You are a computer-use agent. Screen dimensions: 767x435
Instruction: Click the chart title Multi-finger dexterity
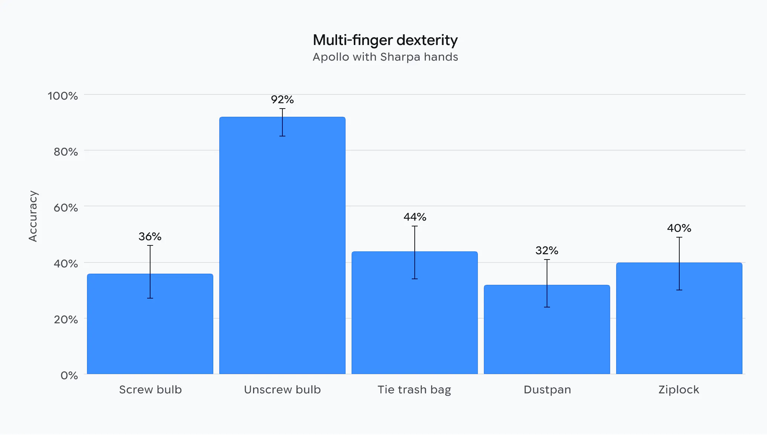coord(385,40)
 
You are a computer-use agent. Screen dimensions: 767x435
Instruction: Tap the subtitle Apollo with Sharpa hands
coord(385,57)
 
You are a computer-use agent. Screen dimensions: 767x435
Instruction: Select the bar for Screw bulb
coord(150,324)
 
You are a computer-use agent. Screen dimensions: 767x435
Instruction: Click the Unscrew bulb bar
coord(282,245)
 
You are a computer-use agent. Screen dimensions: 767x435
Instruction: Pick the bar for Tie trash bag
coord(415,313)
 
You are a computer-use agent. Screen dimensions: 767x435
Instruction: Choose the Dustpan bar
coord(547,329)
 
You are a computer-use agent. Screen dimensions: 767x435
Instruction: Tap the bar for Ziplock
coord(679,318)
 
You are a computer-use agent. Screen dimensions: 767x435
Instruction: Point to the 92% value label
coord(282,100)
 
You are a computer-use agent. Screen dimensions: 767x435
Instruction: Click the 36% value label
coord(150,236)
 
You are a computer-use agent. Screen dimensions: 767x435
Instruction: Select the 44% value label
coord(415,217)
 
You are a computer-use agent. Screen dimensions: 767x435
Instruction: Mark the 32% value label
coord(547,251)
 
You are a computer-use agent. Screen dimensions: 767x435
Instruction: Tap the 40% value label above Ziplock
coord(679,228)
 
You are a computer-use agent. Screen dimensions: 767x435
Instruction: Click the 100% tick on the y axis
coord(63,96)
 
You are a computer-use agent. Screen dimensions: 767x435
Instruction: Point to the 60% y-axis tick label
coord(66,207)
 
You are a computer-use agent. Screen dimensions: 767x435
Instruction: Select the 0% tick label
coord(69,376)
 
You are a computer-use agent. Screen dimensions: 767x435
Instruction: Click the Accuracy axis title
coord(33,216)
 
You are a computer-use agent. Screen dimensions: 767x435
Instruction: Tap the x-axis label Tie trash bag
coord(414,390)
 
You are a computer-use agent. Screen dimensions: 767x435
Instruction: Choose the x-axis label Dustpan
coord(547,390)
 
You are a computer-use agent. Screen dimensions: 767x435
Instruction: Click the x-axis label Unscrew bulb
coord(282,390)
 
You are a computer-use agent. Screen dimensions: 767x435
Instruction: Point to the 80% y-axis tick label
coord(66,152)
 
